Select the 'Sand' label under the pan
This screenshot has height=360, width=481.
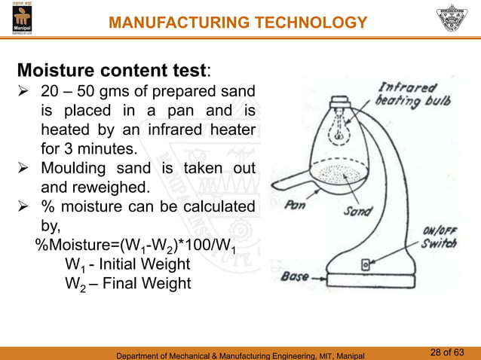click(358, 212)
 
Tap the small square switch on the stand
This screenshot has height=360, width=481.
click(366, 264)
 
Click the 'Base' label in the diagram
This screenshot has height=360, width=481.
click(294, 277)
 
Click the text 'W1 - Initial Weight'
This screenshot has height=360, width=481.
click(127, 265)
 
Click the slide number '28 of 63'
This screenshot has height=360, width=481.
click(449, 351)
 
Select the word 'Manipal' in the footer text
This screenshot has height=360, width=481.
click(346, 353)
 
